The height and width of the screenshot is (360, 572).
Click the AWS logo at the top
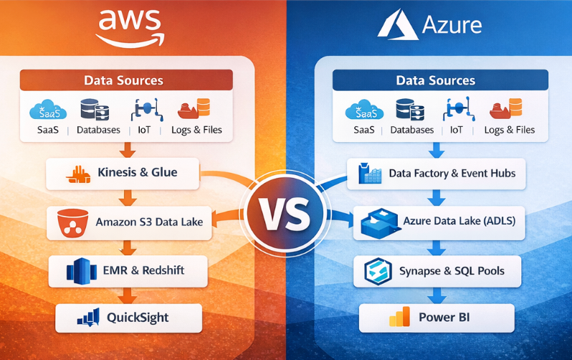pyautogui.click(x=130, y=27)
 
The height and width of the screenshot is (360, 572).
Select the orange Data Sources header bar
pyautogui.click(x=125, y=80)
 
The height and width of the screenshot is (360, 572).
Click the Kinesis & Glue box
pyautogui.click(x=123, y=173)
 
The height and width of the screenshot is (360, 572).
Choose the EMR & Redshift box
pyautogui.click(x=127, y=271)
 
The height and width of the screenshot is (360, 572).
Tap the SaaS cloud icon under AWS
pyautogui.click(x=48, y=110)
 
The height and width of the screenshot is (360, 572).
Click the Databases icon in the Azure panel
pyautogui.click(x=409, y=110)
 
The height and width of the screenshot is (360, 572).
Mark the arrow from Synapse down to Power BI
pyautogui.click(x=435, y=294)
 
